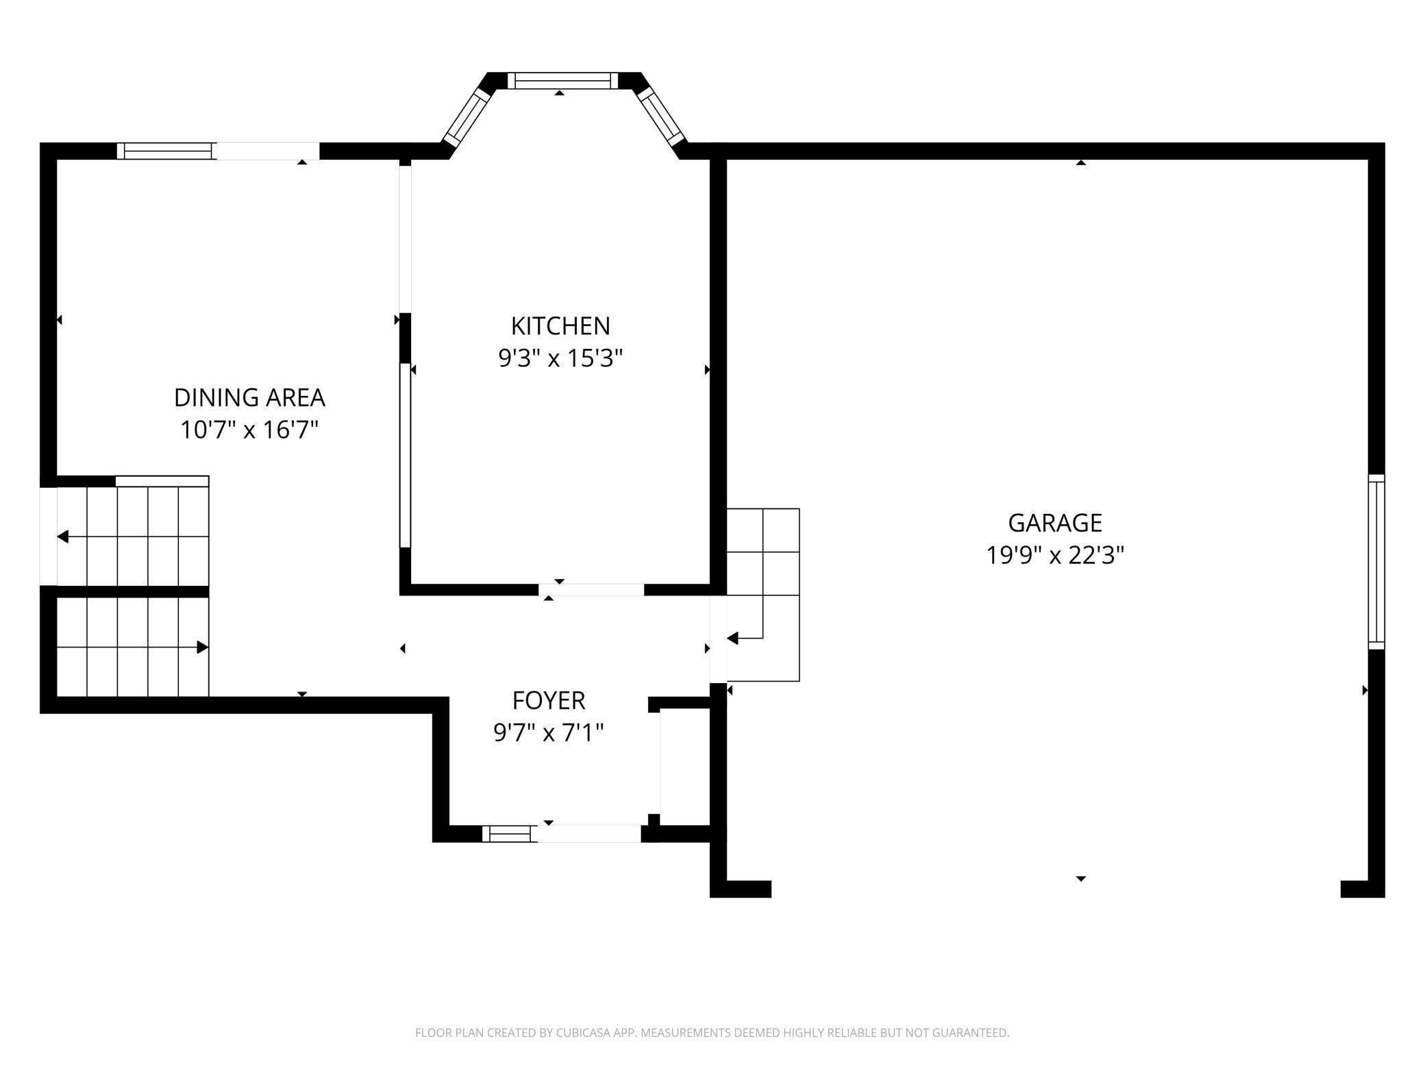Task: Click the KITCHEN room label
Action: (x=560, y=326)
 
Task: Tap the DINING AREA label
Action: (x=249, y=397)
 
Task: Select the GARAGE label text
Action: (x=1055, y=523)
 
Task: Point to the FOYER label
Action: (x=549, y=700)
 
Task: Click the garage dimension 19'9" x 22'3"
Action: (x=1055, y=555)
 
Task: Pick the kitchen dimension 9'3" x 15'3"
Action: (x=560, y=358)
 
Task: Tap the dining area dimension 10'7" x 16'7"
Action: (x=249, y=430)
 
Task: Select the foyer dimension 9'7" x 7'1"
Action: (x=549, y=733)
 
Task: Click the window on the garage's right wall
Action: (x=1376, y=562)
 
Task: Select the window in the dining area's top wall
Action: (x=166, y=151)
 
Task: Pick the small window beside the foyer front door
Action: (x=510, y=834)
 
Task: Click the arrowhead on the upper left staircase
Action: (x=62, y=537)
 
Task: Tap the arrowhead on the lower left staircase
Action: (x=203, y=647)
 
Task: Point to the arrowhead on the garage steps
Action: (x=732, y=639)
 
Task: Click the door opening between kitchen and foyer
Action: (x=591, y=589)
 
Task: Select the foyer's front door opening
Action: (x=589, y=834)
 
